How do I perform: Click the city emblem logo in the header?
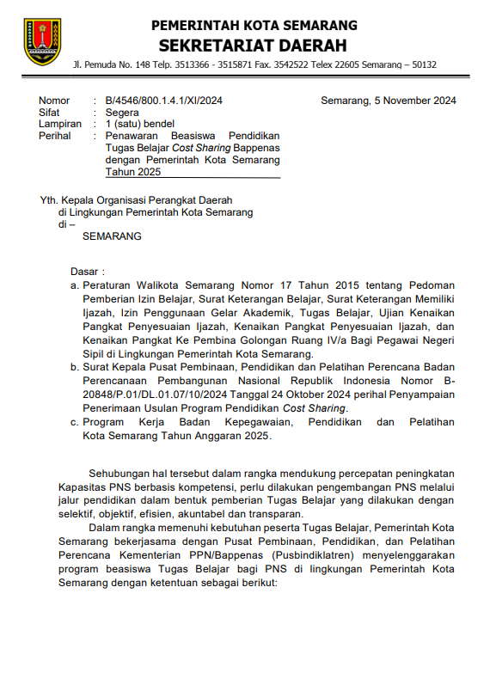click(42, 40)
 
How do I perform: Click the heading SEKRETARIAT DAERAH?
click(252, 45)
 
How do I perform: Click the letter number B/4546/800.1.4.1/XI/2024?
click(163, 101)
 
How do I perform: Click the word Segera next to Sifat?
click(122, 113)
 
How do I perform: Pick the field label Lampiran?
click(60, 125)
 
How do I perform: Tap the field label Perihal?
click(56, 137)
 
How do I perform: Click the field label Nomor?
click(54, 101)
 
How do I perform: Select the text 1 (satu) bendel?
click(139, 125)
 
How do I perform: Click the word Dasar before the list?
click(86, 271)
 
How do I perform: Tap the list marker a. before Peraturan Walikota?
click(76, 284)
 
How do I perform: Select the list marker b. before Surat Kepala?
click(76, 367)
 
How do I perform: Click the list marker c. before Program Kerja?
click(76, 422)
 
